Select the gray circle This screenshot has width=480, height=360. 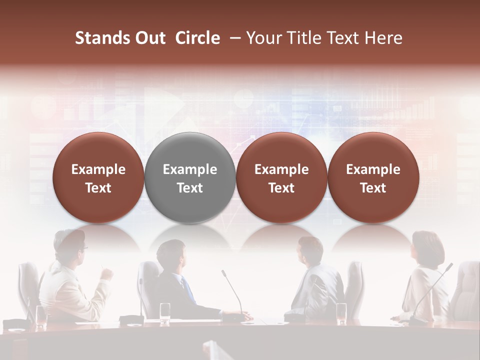coord(190,178)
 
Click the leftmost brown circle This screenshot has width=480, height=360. coord(98,178)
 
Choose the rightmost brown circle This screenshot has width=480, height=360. coord(373,178)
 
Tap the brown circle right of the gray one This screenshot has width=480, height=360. coord(281,178)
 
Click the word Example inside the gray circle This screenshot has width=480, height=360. coord(190,169)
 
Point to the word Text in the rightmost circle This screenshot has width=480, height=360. coord(373,188)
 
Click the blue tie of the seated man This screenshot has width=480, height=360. coord(188,290)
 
